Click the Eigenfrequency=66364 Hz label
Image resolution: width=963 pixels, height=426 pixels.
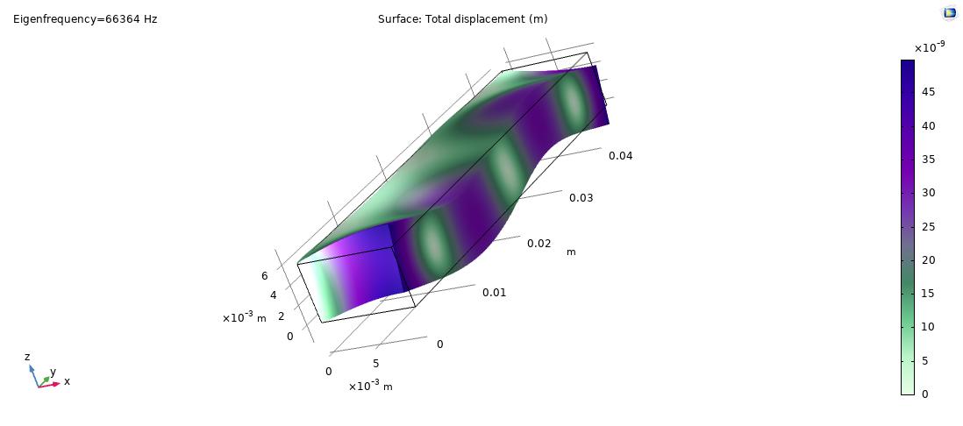click(x=85, y=19)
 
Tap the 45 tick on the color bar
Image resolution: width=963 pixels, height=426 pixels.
click(x=929, y=92)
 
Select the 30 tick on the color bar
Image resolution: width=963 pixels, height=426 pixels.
click(x=929, y=193)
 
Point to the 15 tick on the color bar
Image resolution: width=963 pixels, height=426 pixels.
click(x=929, y=294)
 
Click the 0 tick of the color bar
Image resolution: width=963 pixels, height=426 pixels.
click(x=926, y=394)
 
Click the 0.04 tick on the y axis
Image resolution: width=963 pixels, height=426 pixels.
click(x=620, y=156)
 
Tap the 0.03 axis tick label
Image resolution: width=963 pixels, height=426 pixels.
click(x=581, y=197)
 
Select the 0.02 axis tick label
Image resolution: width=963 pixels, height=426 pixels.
click(x=539, y=244)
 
